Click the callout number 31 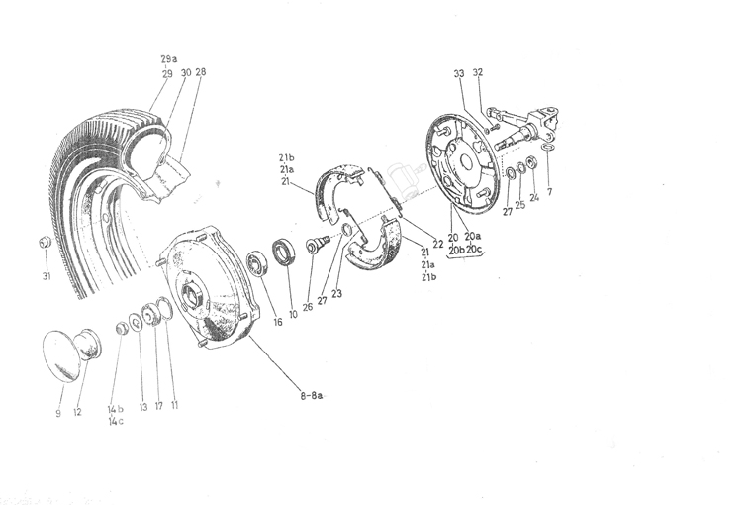click(46, 276)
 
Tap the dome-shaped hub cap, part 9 click(64, 356)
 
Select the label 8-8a click(311, 395)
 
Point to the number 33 click(459, 72)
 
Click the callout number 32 click(478, 72)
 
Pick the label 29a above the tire click(167, 59)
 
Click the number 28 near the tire click(201, 72)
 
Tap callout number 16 click(278, 322)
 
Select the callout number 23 click(337, 293)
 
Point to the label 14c click(116, 421)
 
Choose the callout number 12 click(77, 412)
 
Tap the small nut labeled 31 click(45, 243)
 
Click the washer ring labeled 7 click(549, 147)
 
